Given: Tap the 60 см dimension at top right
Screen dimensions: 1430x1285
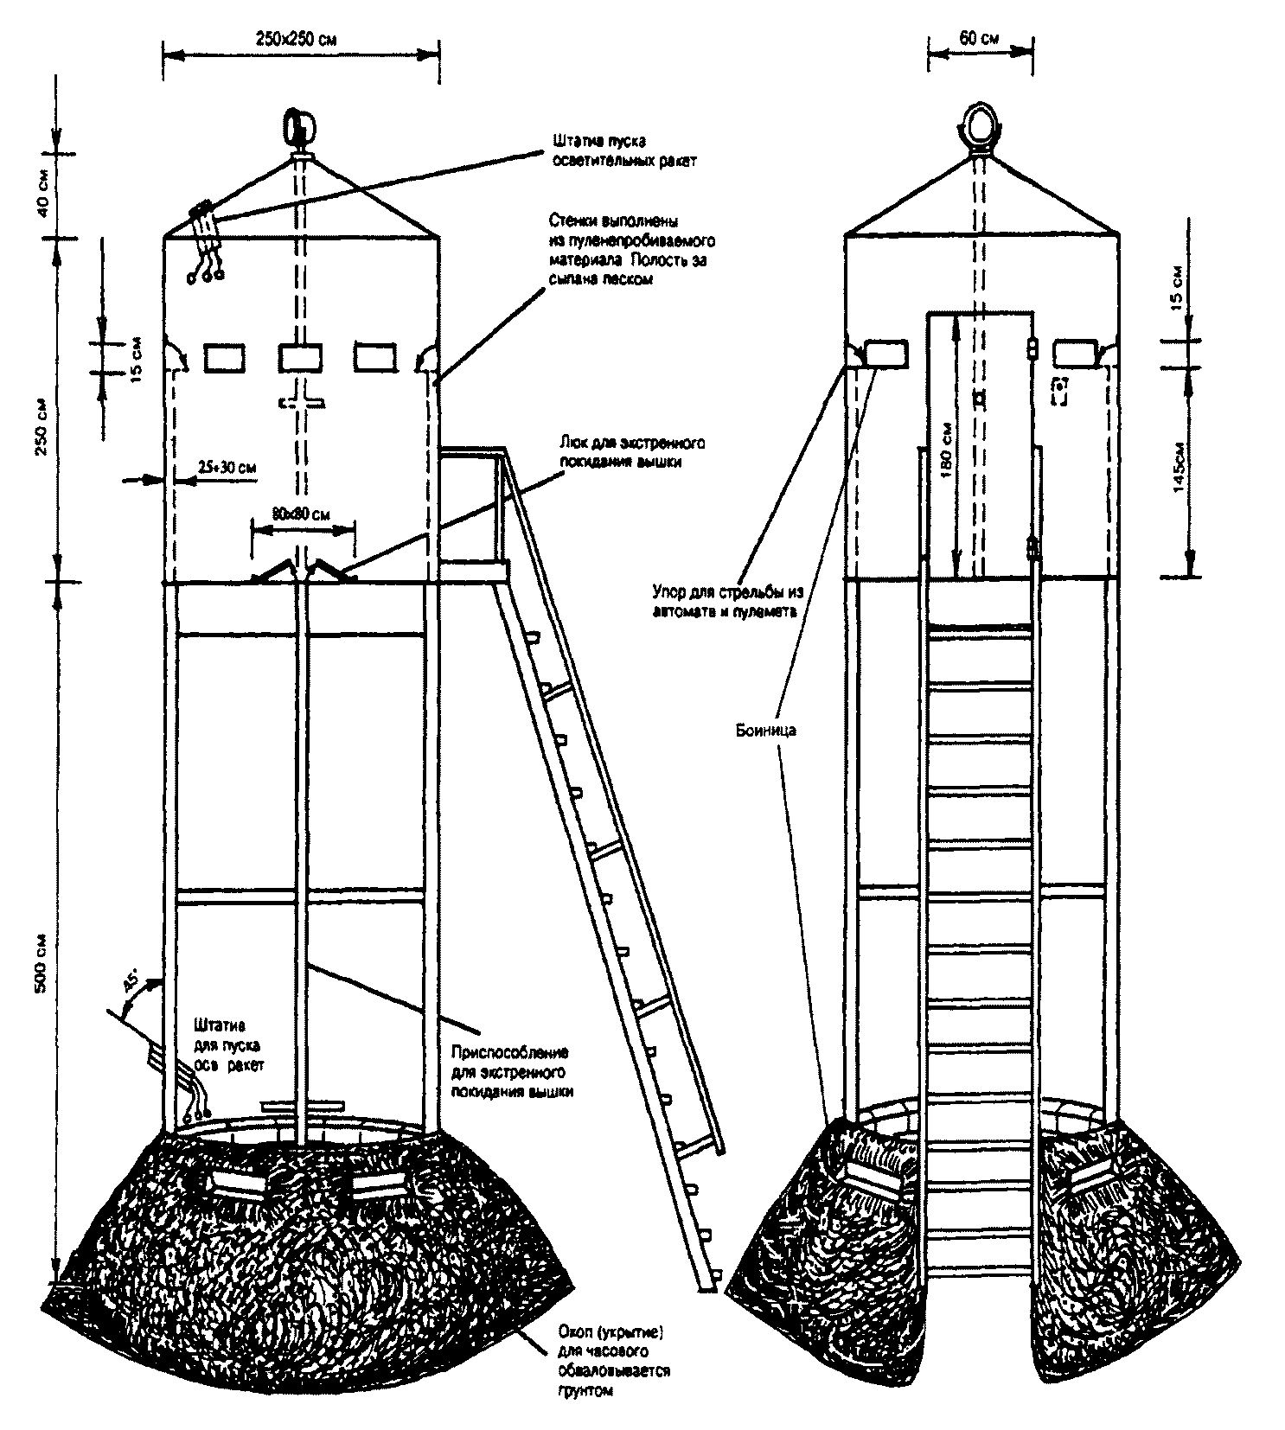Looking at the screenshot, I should tap(979, 38).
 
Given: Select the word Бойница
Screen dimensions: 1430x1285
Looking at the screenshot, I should tap(762, 731).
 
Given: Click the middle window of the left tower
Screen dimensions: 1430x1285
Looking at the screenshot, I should tap(300, 358).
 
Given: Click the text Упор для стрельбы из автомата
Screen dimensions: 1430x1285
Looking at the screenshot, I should tap(727, 602).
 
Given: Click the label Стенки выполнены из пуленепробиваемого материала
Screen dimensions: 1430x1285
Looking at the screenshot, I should tap(630, 250).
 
